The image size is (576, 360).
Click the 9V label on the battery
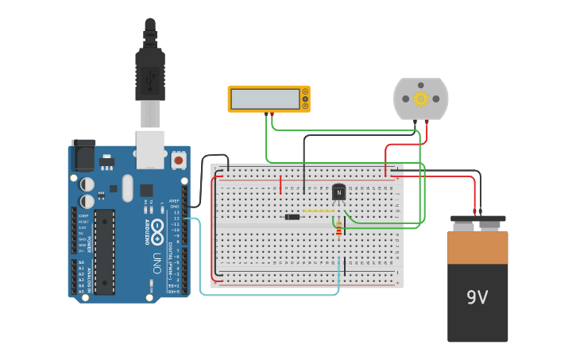tap(477, 298)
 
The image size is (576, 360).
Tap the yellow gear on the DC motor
tap(420, 98)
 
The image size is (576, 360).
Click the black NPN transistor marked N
tap(339, 192)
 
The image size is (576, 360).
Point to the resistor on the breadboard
tap(340, 230)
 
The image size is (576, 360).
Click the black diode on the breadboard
tap(292, 217)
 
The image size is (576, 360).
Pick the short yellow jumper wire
tap(318, 211)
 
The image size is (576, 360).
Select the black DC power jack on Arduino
tap(83, 156)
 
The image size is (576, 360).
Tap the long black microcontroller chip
tap(104, 251)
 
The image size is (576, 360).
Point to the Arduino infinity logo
tap(158, 232)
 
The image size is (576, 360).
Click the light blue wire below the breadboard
tap(270, 295)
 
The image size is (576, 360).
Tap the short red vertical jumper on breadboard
tap(280, 184)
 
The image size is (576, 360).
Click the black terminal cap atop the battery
tap(477, 219)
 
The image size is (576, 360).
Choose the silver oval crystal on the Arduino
tap(126, 189)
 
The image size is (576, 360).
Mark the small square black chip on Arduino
tap(147, 191)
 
